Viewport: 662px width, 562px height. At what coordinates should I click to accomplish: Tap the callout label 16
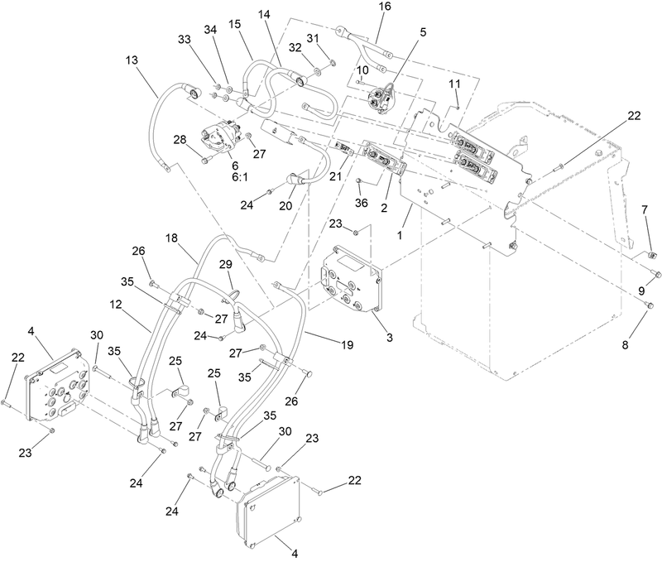(x=385, y=7)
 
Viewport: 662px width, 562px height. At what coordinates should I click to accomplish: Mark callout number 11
(x=453, y=84)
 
